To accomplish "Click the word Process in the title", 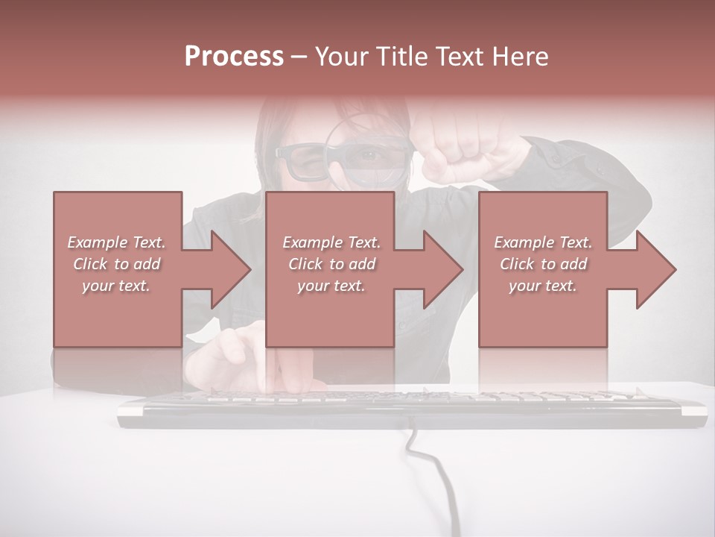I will [x=234, y=57].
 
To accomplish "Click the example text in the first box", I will [x=116, y=264].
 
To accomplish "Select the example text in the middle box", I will [x=331, y=264].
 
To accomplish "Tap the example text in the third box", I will [x=543, y=264].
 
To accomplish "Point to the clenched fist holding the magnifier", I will [x=447, y=145].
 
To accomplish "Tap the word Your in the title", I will [x=340, y=57].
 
